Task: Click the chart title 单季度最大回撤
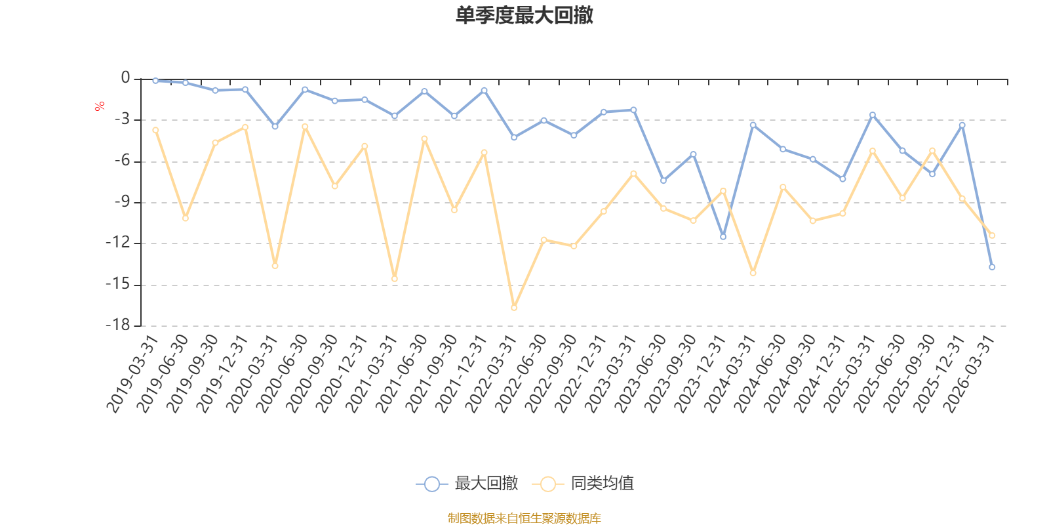(524, 15)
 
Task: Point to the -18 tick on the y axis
(119, 325)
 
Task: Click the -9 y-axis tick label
(121, 201)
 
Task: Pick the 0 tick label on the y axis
(126, 78)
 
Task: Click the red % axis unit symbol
(100, 106)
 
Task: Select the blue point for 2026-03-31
(992, 267)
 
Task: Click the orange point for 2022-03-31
(514, 307)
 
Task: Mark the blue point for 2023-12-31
(723, 237)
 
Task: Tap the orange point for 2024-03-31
(753, 273)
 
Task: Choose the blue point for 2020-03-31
(275, 126)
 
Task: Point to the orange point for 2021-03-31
(395, 279)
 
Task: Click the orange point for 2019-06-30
(186, 218)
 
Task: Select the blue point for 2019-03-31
(155, 81)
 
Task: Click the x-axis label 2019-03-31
(133, 373)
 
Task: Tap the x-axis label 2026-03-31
(970, 373)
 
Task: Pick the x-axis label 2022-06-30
(521, 373)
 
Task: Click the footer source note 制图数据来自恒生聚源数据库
(524, 518)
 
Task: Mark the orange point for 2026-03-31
(992, 235)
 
